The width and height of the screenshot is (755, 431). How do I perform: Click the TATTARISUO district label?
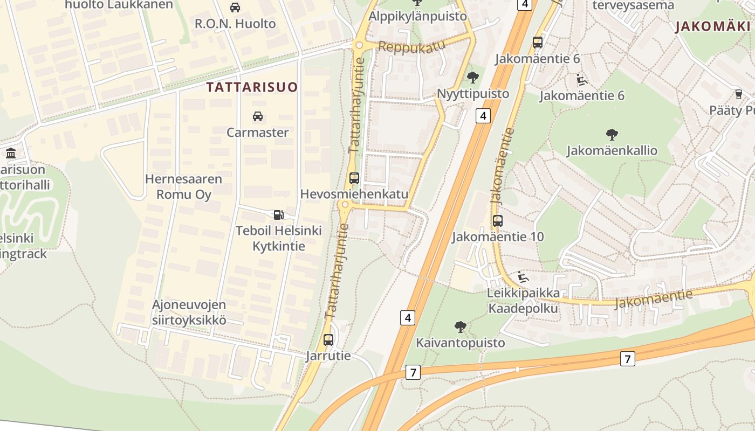click(x=252, y=87)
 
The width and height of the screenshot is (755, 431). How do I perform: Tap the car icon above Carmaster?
click(x=258, y=116)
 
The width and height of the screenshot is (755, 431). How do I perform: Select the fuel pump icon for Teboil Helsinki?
click(x=278, y=215)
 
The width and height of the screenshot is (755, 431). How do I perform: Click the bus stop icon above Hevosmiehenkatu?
click(x=354, y=178)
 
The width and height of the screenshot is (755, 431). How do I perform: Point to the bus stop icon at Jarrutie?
click(x=328, y=340)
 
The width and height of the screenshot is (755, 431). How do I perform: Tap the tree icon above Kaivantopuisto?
click(x=460, y=326)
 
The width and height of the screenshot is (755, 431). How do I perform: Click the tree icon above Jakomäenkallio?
click(x=612, y=134)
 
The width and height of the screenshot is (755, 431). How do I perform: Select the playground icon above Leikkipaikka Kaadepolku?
click(x=523, y=277)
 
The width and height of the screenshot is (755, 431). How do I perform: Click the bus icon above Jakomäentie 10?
click(x=497, y=220)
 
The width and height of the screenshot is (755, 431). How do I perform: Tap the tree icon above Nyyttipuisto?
click(x=473, y=78)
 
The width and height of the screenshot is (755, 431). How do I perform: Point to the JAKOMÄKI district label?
click(x=712, y=26)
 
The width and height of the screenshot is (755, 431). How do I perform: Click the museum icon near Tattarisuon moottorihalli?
click(x=11, y=154)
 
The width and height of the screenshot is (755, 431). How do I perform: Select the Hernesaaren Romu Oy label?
click(x=183, y=186)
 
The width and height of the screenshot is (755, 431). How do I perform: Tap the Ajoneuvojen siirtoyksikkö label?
click(x=189, y=312)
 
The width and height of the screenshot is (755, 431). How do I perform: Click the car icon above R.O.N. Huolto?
click(x=235, y=8)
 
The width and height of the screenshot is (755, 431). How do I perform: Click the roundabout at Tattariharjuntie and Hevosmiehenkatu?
click(x=345, y=205)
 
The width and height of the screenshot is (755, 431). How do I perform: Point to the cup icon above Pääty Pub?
click(x=738, y=94)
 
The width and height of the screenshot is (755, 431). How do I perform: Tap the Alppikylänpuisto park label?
click(x=417, y=16)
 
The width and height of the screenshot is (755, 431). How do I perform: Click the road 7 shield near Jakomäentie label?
click(x=627, y=358)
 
